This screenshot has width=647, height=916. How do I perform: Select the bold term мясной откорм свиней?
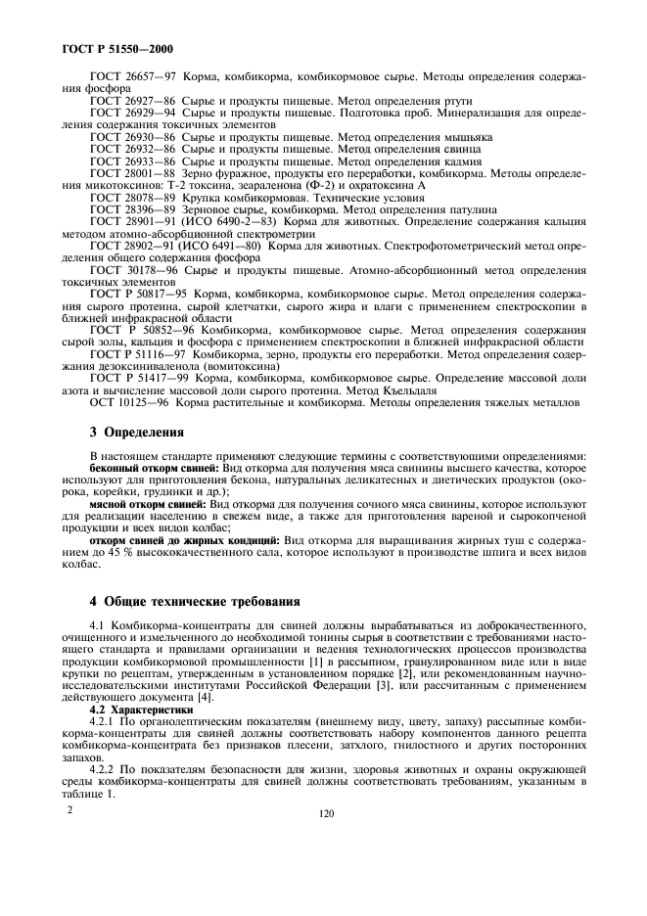[x=145, y=506]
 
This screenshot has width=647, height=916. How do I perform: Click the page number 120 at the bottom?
[x=323, y=812]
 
